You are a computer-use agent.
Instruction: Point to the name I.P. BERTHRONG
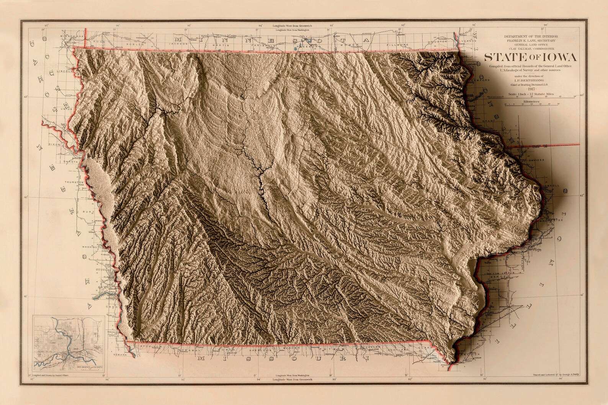point(522,80)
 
